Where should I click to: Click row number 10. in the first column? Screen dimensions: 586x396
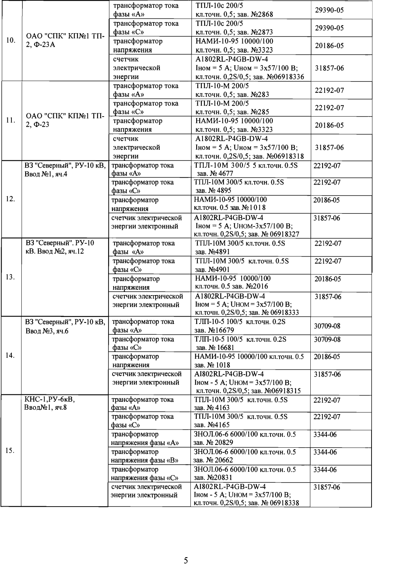point(11,40)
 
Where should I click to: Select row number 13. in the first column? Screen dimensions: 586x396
point(11,277)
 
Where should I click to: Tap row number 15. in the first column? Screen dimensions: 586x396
point(11,451)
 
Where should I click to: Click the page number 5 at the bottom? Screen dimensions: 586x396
point(186,560)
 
